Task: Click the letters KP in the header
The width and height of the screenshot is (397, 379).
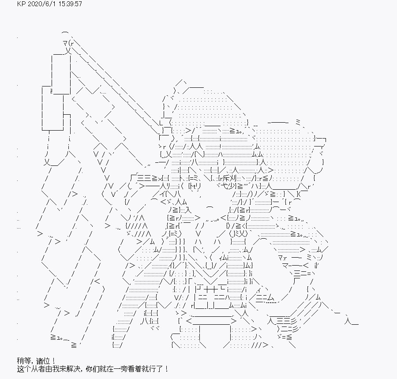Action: click(21, 4)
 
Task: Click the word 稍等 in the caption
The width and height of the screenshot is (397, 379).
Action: click(24, 361)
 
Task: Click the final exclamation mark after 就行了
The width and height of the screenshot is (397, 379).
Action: click(166, 369)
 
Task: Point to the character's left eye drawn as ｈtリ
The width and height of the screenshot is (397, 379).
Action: click(194, 187)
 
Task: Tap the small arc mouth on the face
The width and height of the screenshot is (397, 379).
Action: click(210, 208)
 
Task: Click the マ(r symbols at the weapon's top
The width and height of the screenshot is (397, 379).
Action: click(69, 44)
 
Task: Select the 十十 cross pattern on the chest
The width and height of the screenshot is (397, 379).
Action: click(210, 289)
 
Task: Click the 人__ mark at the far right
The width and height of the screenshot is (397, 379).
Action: click(352, 322)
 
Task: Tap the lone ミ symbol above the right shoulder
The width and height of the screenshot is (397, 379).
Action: click(298, 123)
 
